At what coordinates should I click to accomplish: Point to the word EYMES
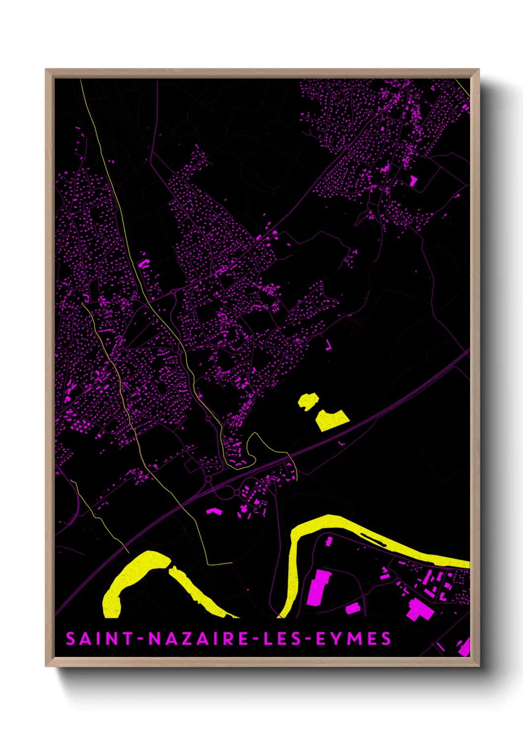pyautogui.click(x=353, y=639)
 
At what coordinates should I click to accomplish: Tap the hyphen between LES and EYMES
pyautogui.click(x=308, y=639)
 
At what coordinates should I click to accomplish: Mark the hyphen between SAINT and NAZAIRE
pyautogui.click(x=141, y=639)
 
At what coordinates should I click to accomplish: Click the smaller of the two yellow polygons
pyautogui.click(x=308, y=401)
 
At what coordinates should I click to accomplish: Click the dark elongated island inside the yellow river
pyautogui.click(x=373, y=539)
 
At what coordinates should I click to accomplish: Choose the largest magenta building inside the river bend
pyautogui.click(x=319, y=586)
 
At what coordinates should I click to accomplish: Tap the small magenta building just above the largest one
pyautogui.click(x=329, y=542)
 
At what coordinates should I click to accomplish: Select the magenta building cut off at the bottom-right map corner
pyautogui.click(x=464, y=647)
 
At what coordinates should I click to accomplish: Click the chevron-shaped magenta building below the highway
pyautogui.click(x=213, y=511)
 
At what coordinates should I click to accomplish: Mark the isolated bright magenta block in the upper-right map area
pyautogui.click(x=413, y=181)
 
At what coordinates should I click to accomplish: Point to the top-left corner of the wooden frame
pyautogui.click(x=46, y=70)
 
